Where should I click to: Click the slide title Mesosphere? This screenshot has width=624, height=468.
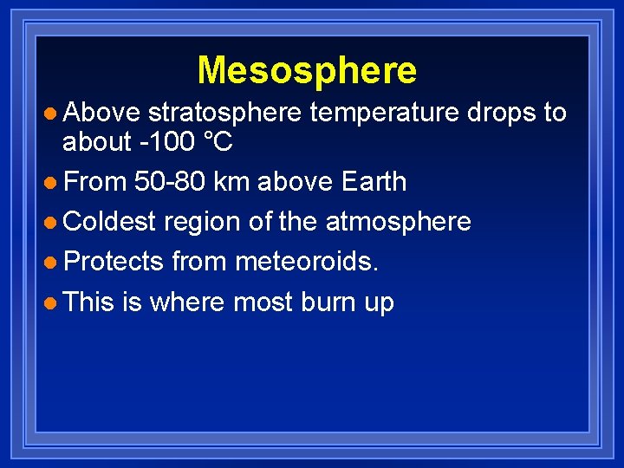click(307, 70)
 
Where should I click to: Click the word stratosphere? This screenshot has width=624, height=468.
click(224, 113)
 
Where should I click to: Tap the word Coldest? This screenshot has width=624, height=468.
click(109, 222)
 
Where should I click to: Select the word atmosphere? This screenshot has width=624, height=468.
click(398, 222)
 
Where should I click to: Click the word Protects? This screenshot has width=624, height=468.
click(114, 262)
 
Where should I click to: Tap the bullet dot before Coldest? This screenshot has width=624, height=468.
click(51, 223)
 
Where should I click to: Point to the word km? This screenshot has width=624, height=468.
click(229, 182)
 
